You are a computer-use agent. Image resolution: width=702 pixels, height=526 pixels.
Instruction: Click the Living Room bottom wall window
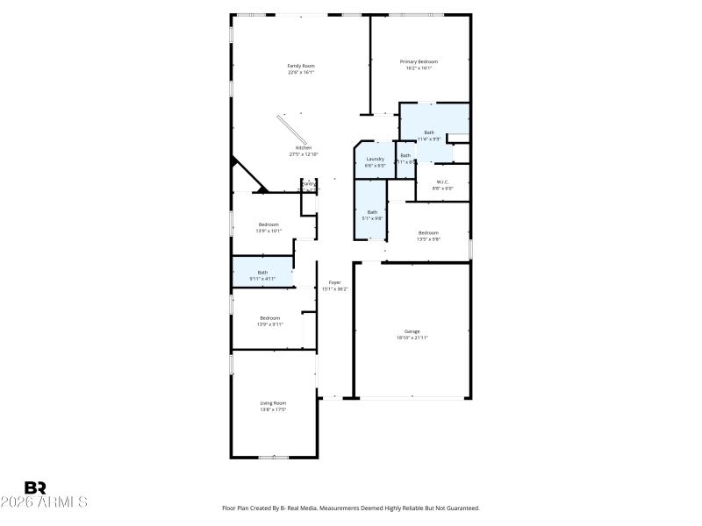coord(273,457)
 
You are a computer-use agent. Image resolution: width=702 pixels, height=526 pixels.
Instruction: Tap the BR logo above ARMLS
coord(35,487)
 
